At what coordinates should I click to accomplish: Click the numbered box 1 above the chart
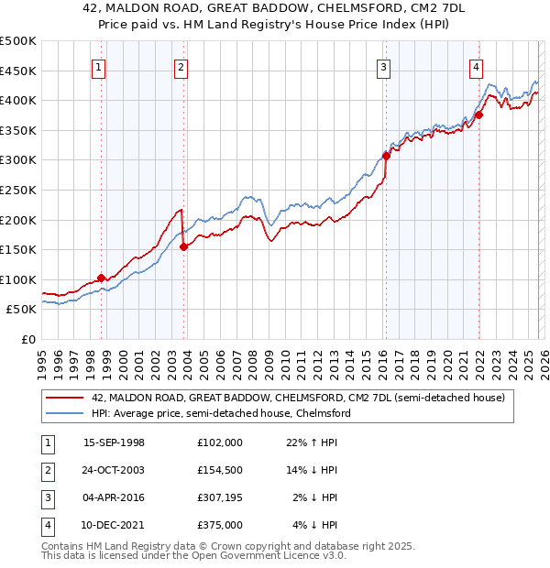click(x=98, y=66)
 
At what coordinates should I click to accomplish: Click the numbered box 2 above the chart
click(x=181, y=66)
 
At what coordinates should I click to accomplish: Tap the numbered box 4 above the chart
click(x=477, y=66)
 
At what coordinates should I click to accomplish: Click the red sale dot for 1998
click(x=101, y=278)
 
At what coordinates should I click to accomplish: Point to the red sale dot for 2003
click(x=184, y=246)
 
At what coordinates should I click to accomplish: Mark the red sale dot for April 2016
click(x=386, y=156)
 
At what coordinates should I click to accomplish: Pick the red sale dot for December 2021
click(x=478, y=115)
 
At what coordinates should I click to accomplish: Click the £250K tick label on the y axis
click(x=18, y=190)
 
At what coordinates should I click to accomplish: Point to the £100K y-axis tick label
click(x=18, y=279)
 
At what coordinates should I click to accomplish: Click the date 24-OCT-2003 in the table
click(x=115, y=471)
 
